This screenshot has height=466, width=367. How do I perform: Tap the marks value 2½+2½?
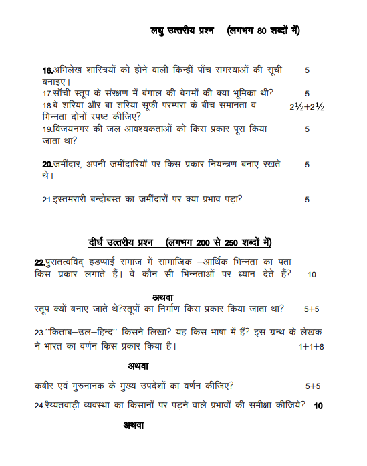[x=307, y=106]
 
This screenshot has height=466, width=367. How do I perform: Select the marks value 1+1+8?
[x=312, y=347]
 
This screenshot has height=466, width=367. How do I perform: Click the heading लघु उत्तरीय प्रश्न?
[x=182, y=31]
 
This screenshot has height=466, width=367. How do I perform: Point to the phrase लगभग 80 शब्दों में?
[x=263, y=31]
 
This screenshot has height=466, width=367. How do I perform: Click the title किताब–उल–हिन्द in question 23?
[x=77, y=332]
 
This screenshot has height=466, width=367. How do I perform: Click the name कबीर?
[x=45, y=386]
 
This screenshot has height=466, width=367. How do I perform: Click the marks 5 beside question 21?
[x=307, y=199]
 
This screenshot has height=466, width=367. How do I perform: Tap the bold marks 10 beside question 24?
[x=318, y=406]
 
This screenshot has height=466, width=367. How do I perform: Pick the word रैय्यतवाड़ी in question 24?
[x=72, y=405]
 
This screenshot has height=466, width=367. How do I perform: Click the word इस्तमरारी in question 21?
[x=72, y=198]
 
